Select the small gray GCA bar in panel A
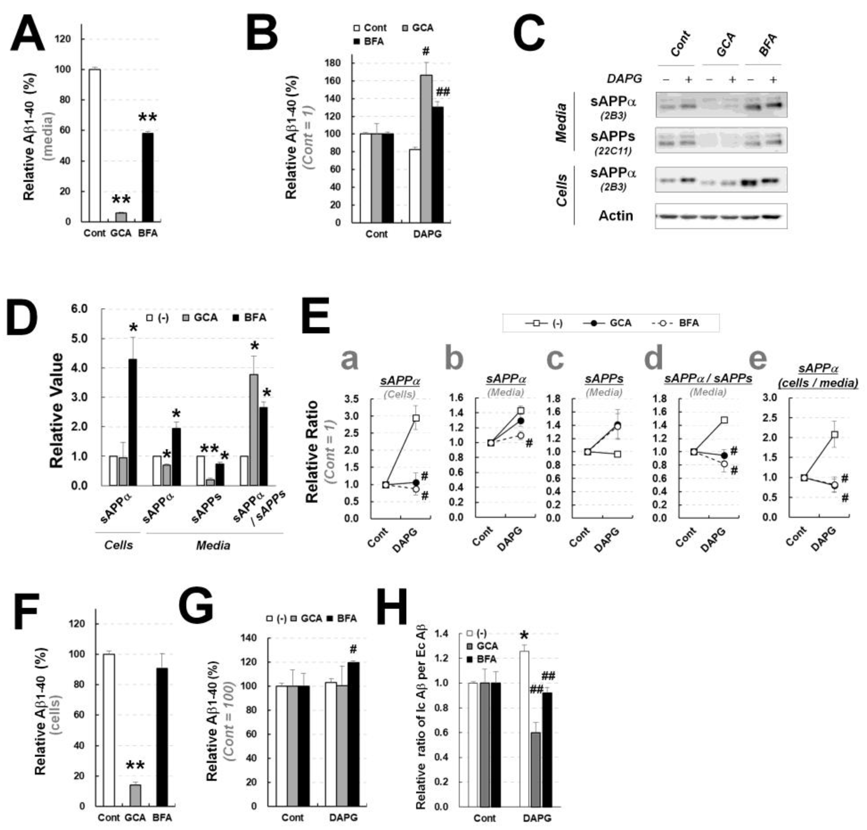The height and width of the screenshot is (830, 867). pos(121,217)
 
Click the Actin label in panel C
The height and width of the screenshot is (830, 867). pos(615,216)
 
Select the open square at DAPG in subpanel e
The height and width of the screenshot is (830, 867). pos(834,435)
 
